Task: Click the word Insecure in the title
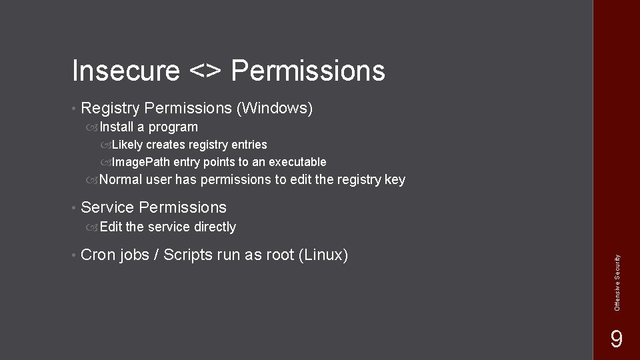pos(125,71)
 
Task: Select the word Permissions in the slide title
pos(308,71)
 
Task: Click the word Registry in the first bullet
pos(110,107)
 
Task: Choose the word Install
pos(117,127)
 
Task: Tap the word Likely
pos(127,145)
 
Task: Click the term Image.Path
pos(141,162)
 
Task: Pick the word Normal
pos(121,179)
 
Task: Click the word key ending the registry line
pos(395,179)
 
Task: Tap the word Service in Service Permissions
pos(107,207)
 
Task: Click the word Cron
pos(97,255)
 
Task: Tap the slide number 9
pos(617,340)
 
